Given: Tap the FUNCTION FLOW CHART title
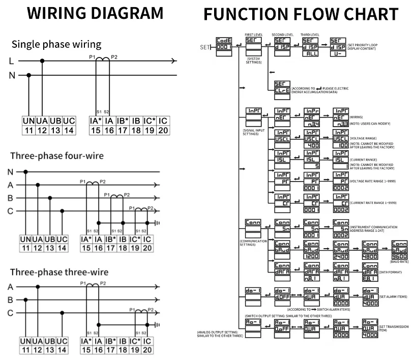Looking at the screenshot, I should tap(301, 14).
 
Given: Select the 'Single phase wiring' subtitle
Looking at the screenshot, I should tap(56, 44).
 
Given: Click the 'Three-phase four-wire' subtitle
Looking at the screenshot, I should tap(56, 156).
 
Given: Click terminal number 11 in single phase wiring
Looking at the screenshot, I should tap(28, 130).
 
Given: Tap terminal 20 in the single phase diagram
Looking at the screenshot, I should tap(163, 130).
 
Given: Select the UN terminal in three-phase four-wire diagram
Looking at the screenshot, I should tap(25, 239).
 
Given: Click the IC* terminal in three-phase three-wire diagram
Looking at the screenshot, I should tap(135, 341).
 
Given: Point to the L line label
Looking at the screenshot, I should tap(11, 62).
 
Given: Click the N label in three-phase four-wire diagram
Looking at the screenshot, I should tap(10, 172).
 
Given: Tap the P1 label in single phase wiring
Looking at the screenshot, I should tap(93, 57).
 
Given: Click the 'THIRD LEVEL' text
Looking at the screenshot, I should tap(310, 35).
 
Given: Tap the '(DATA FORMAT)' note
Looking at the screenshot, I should tap(361, 273).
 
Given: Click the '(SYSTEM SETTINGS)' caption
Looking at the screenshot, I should tap(254, 61).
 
